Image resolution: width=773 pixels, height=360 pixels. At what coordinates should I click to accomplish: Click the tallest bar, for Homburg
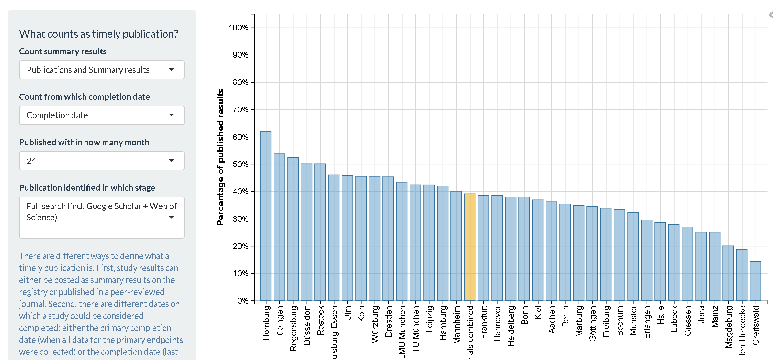(x=266, y=216)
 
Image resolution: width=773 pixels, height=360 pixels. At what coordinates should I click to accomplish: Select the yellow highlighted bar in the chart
(x=470, y=247)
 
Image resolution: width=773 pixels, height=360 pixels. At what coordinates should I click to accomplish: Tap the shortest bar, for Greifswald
(x=755, y=281)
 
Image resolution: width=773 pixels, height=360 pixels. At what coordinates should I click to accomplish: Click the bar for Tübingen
(x=279, y=227)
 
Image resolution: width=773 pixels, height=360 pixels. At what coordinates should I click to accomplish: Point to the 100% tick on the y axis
(x=238, y=28)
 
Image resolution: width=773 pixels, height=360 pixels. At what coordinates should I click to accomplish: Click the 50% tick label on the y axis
(x=240, y=164)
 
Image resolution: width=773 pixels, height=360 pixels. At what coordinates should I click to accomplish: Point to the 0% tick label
(x=243, y=301)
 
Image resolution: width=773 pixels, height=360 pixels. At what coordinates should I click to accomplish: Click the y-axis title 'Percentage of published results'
(x=221, y=157)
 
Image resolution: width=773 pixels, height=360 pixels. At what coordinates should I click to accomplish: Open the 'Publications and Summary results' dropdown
(x=102, y=70)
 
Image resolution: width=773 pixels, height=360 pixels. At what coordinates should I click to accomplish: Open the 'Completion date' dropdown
(x=102, y=115)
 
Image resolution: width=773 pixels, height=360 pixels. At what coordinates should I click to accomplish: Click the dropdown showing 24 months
(x=102, y=161)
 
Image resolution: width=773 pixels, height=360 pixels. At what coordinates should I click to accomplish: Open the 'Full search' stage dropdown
(x=102, y=217)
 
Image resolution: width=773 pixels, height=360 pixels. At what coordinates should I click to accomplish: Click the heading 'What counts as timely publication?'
(x=98, y=34)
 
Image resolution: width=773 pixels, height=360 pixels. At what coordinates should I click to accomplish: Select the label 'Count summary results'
(x=63, y=51)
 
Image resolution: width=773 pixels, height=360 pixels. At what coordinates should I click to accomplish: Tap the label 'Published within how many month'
(x=84, y=142)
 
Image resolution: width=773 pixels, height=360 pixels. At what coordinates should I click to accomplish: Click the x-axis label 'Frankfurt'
(x=483, y=322)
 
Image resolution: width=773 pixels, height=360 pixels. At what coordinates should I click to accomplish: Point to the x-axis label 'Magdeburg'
(x=728, y=327)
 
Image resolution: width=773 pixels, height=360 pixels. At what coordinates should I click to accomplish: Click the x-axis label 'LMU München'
(x=402, y=332)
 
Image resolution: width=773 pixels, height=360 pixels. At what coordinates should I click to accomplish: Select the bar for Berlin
(x=565, y=252)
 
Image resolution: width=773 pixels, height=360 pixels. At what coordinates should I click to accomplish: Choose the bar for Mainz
(x=714, y=266)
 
